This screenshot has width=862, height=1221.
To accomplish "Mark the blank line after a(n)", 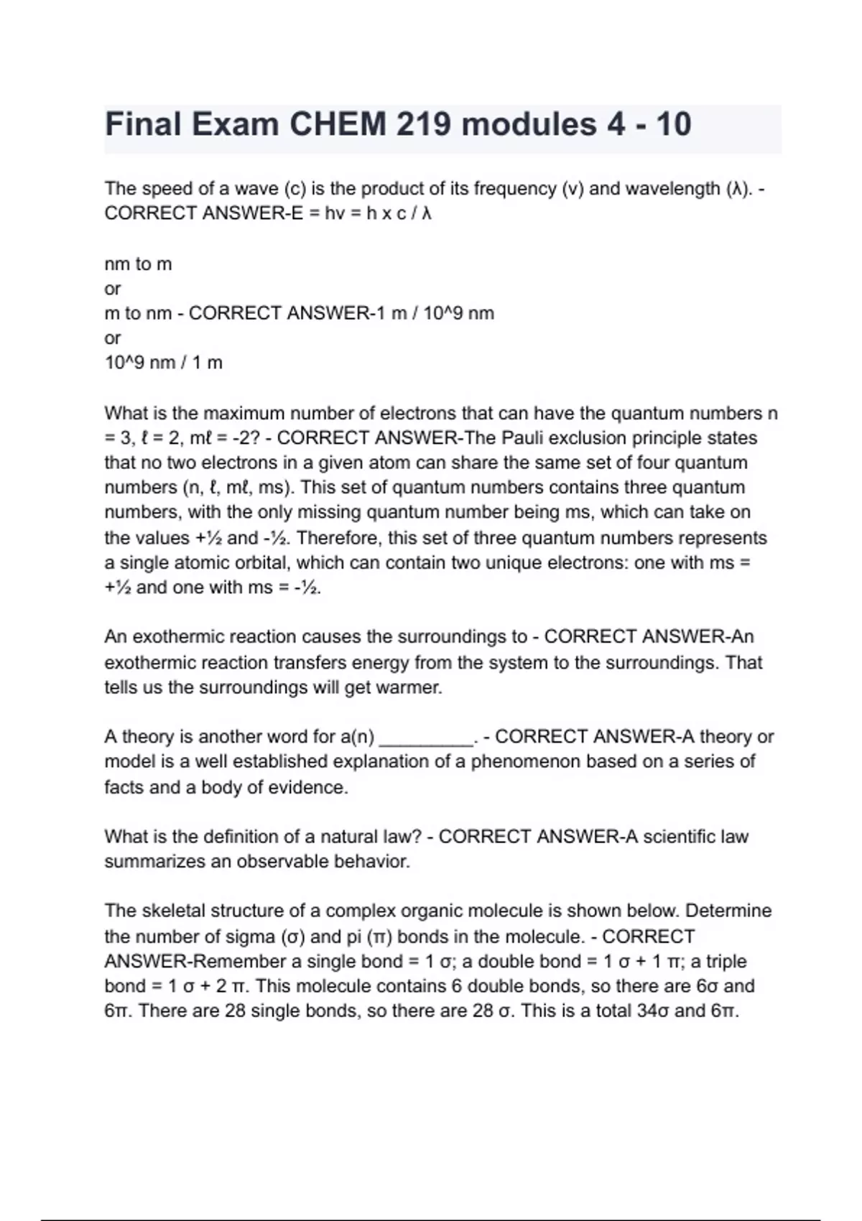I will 426,738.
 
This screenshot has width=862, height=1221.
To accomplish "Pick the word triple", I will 727,961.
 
